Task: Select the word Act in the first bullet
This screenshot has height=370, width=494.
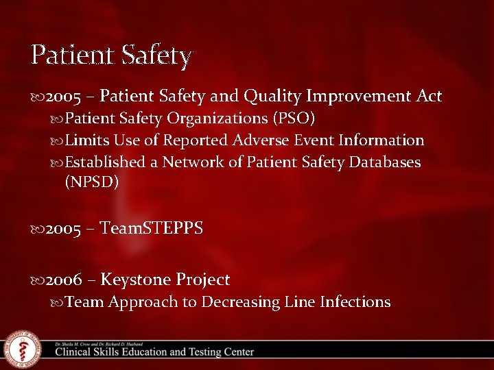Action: [428, 97]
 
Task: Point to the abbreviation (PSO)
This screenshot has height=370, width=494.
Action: [294, 119]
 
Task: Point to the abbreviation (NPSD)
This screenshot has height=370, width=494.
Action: [92, 182]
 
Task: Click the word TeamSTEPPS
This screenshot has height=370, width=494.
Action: [152, 228]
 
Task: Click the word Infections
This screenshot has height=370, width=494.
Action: [355, 302]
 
